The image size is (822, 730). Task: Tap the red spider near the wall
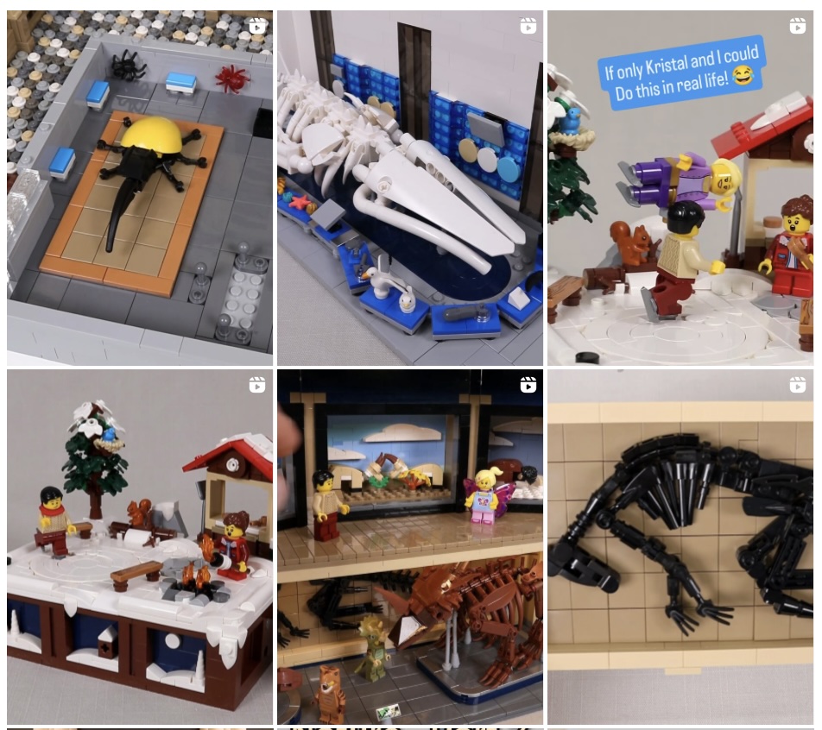click(231, 78)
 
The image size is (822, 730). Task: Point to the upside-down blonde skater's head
click(725, 177)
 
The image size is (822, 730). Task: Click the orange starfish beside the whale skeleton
click(300, 203)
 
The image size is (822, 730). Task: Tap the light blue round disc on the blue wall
click(508, 168)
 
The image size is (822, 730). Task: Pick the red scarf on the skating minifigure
click(53, 509)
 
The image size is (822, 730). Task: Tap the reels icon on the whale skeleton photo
click(528, 26)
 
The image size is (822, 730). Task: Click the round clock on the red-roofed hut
click(232, 465)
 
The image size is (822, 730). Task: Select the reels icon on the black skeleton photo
click(797, 385)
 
